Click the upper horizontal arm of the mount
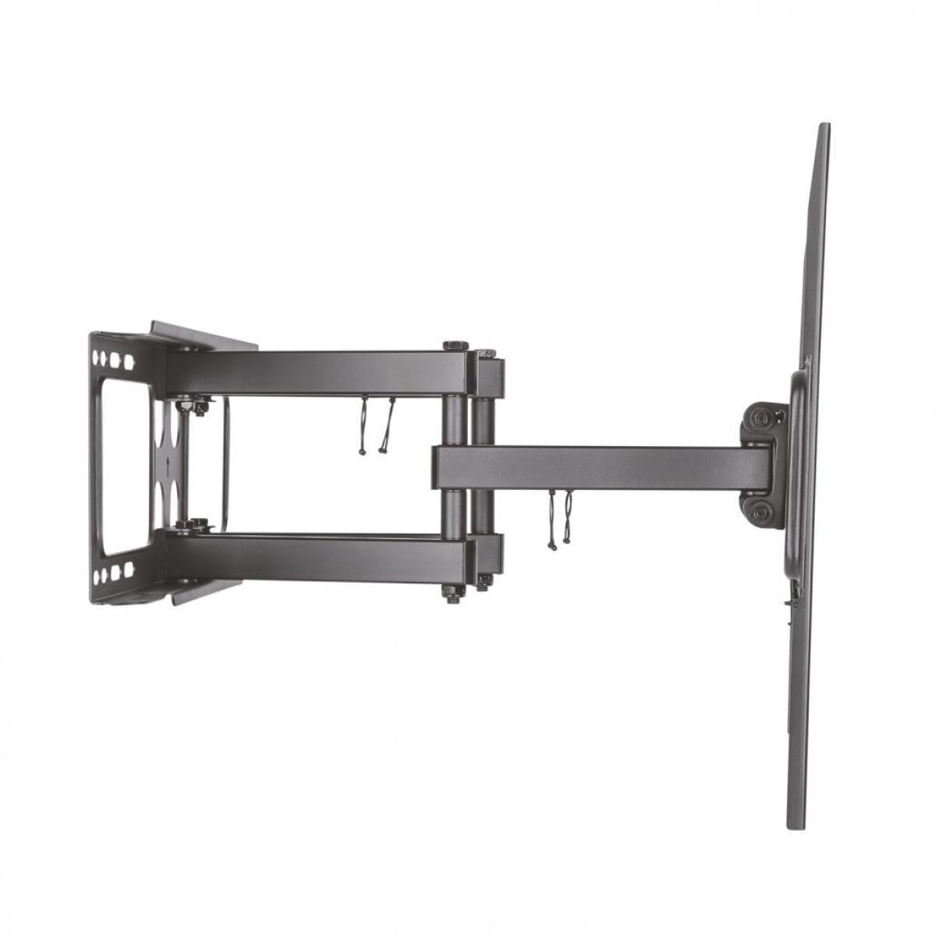[x=312, y=373]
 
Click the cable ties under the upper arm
[x=374, y=426]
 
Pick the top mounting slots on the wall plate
[x=112, y=361]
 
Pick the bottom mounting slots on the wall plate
[x=112, y=573]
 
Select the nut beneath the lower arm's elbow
[x=451, y=593]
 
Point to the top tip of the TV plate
[x=824, y=128]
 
